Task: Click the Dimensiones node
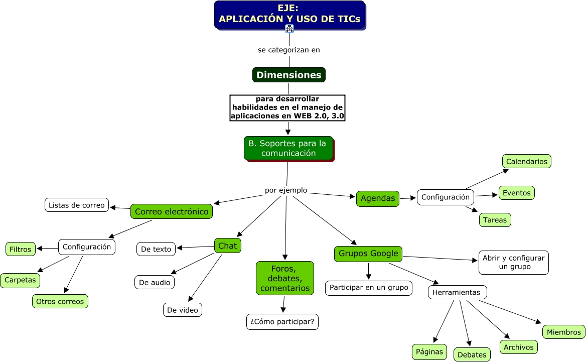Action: (288, 75)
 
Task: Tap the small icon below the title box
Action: (289, 29)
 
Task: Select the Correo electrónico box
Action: (172, 211)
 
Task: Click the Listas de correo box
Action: (77, 205)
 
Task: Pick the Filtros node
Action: (20, 249)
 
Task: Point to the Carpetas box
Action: (20, 280)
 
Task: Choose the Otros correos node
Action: (60, 301)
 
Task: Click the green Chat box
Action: (227, 246)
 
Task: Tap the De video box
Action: (183, 310)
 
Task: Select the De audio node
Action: (155, 282)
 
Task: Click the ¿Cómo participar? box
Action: (282, 322)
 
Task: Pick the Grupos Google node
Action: (368, 254)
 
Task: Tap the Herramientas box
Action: (457, 292)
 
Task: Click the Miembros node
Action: (564, 332)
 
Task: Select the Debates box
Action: (472, 354)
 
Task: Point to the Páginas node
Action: (429, 351)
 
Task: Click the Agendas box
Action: (378, 198)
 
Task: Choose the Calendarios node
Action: (526, 161)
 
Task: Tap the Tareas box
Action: (495, 220)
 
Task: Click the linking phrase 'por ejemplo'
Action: (286, 191)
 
